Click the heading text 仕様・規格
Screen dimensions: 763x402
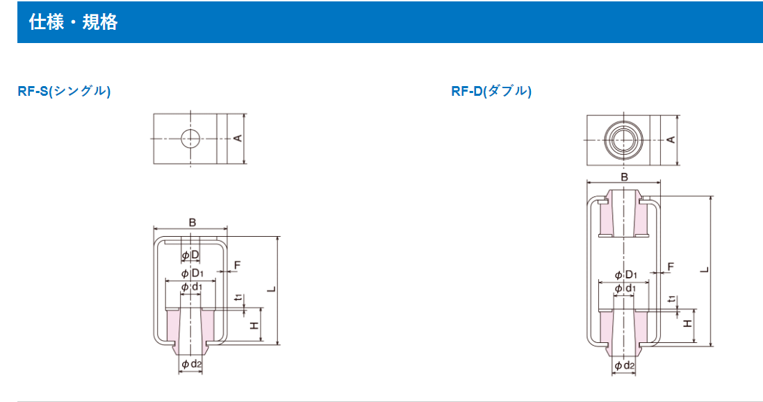click(x=73, y=22)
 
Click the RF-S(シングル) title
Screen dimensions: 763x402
click(x=64, y=91)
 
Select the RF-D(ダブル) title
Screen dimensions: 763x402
click(x=491, y=91)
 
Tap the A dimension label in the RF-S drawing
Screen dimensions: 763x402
click(x=238, y=139)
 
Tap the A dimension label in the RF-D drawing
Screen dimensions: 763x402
click(x=671, y=140)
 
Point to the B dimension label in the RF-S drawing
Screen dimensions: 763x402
click(x=192, y=222)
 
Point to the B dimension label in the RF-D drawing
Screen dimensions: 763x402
click(x=624, y=177)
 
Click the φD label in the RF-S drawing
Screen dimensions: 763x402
click(x=190, y=256)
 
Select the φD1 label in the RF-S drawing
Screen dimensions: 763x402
click(x=192, y=273)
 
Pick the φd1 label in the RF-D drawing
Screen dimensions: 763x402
click(x=625, y=289)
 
